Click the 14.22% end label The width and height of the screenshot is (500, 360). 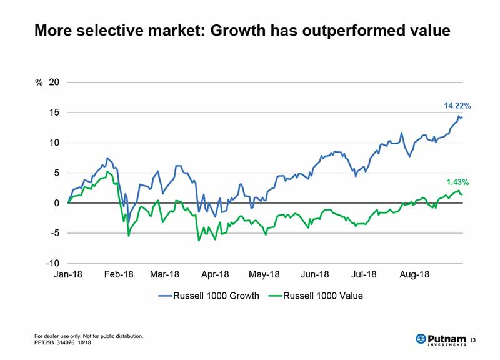click(457, 106)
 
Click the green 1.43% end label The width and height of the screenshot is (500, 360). click(457, 182)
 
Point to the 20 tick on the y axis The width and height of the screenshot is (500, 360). click(54, 82)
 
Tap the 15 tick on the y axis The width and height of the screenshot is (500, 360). click(54, 112)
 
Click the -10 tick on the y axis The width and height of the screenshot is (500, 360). click(52, 263)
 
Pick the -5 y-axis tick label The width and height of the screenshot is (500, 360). click(54, 233)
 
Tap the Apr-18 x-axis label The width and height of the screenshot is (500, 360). click(215, 275)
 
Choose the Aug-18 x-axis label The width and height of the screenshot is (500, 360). click(413, 275)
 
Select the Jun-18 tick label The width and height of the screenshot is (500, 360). click(314, 275)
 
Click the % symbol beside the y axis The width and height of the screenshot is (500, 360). click(39, 82)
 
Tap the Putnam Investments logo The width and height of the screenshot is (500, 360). click(441, 339)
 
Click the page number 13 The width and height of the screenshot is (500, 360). click(472, 339)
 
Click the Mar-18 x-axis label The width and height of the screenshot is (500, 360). click(165, 275)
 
